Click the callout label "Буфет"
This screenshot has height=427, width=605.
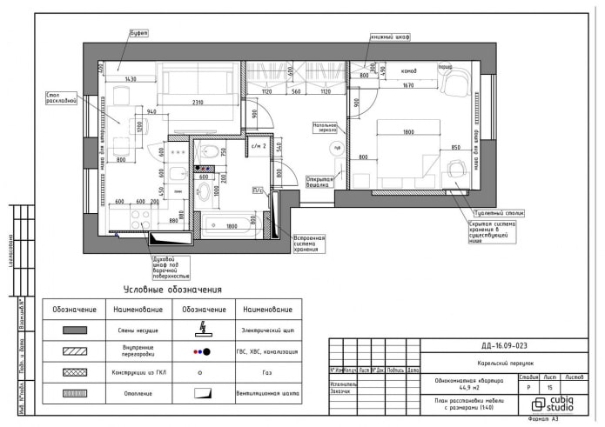click(x=138, y=33)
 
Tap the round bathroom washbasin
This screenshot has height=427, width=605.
click(x=204, y=192)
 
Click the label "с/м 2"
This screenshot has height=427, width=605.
click(x=258, y=145)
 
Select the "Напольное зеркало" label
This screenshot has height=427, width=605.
click(x=325, y=128)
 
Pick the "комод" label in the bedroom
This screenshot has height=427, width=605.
click(x=407, y=71)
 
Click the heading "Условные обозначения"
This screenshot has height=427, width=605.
click(x=172, y=290)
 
